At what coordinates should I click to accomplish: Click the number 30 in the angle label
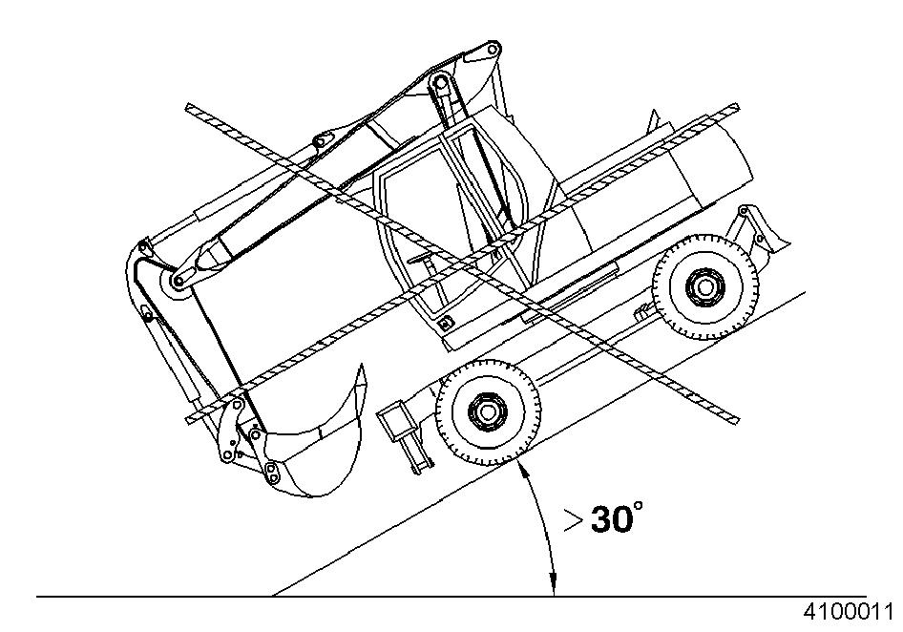click(x=612, y=519)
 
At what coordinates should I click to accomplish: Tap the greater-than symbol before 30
click(x=573, y=520)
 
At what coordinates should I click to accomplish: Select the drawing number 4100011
click(x=849, y=611)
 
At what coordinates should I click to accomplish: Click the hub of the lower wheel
click(x=487, y=411)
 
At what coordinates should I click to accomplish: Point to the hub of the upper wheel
click(x=704, y=286)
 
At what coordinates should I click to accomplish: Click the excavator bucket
click(x=314, y=450)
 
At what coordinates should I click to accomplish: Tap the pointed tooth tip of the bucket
click(x=361, y=366)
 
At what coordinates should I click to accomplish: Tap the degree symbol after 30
click(x=638, y=505)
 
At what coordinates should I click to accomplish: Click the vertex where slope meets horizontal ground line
click(x=271, y=596)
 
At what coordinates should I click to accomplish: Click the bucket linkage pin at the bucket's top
click(x=272, y=476)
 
